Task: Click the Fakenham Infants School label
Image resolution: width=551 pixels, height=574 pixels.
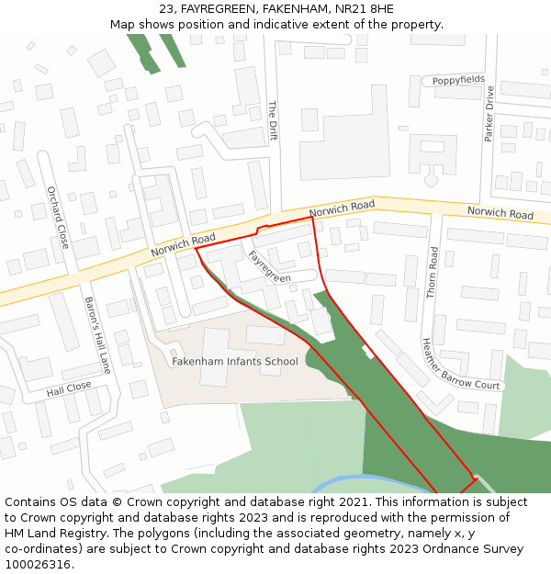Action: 235,361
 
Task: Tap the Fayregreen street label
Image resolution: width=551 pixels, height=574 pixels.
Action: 269,266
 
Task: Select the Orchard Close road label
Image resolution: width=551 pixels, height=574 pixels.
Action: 58,218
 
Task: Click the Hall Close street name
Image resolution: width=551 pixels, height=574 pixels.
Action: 69,389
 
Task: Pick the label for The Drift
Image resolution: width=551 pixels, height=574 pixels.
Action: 272,120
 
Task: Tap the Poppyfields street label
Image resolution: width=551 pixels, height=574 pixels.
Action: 458,80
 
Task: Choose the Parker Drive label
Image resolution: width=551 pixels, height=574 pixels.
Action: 489,113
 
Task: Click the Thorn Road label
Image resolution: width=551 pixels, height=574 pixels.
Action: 433,273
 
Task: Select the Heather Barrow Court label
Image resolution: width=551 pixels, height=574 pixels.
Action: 460,365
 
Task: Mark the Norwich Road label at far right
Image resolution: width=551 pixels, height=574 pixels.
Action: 500,213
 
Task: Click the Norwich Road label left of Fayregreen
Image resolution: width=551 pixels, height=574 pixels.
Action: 183,243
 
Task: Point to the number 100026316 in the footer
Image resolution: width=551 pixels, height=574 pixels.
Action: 37,565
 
